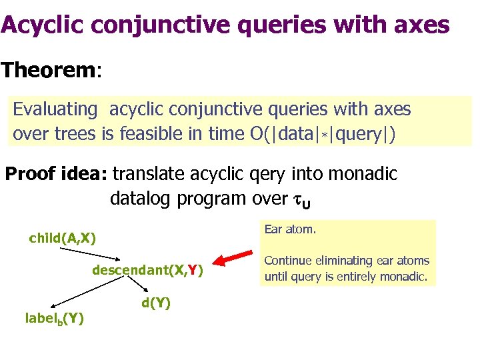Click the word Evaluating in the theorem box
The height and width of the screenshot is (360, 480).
pyautogui.click(x=55, y=109)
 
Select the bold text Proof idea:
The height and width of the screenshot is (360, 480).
pyautogui.click(x=56, y=175)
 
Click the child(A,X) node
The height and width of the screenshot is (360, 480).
pyautogui.click(x=62, y=238)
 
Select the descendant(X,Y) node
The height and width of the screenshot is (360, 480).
pyautogui.click(x=147, y=270)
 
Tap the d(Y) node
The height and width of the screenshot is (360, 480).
pyautogui.click(x=156, y=303)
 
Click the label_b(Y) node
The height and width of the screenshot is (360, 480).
pyautogui.click(x=54, y=319)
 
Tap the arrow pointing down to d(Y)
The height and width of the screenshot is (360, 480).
pyautogui.click(x=139, y=286)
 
